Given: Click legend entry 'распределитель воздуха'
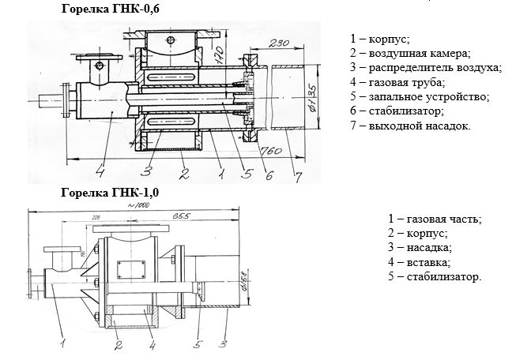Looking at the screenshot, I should tap(424, 68).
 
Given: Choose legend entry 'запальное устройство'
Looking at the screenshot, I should tap(419, 96).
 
